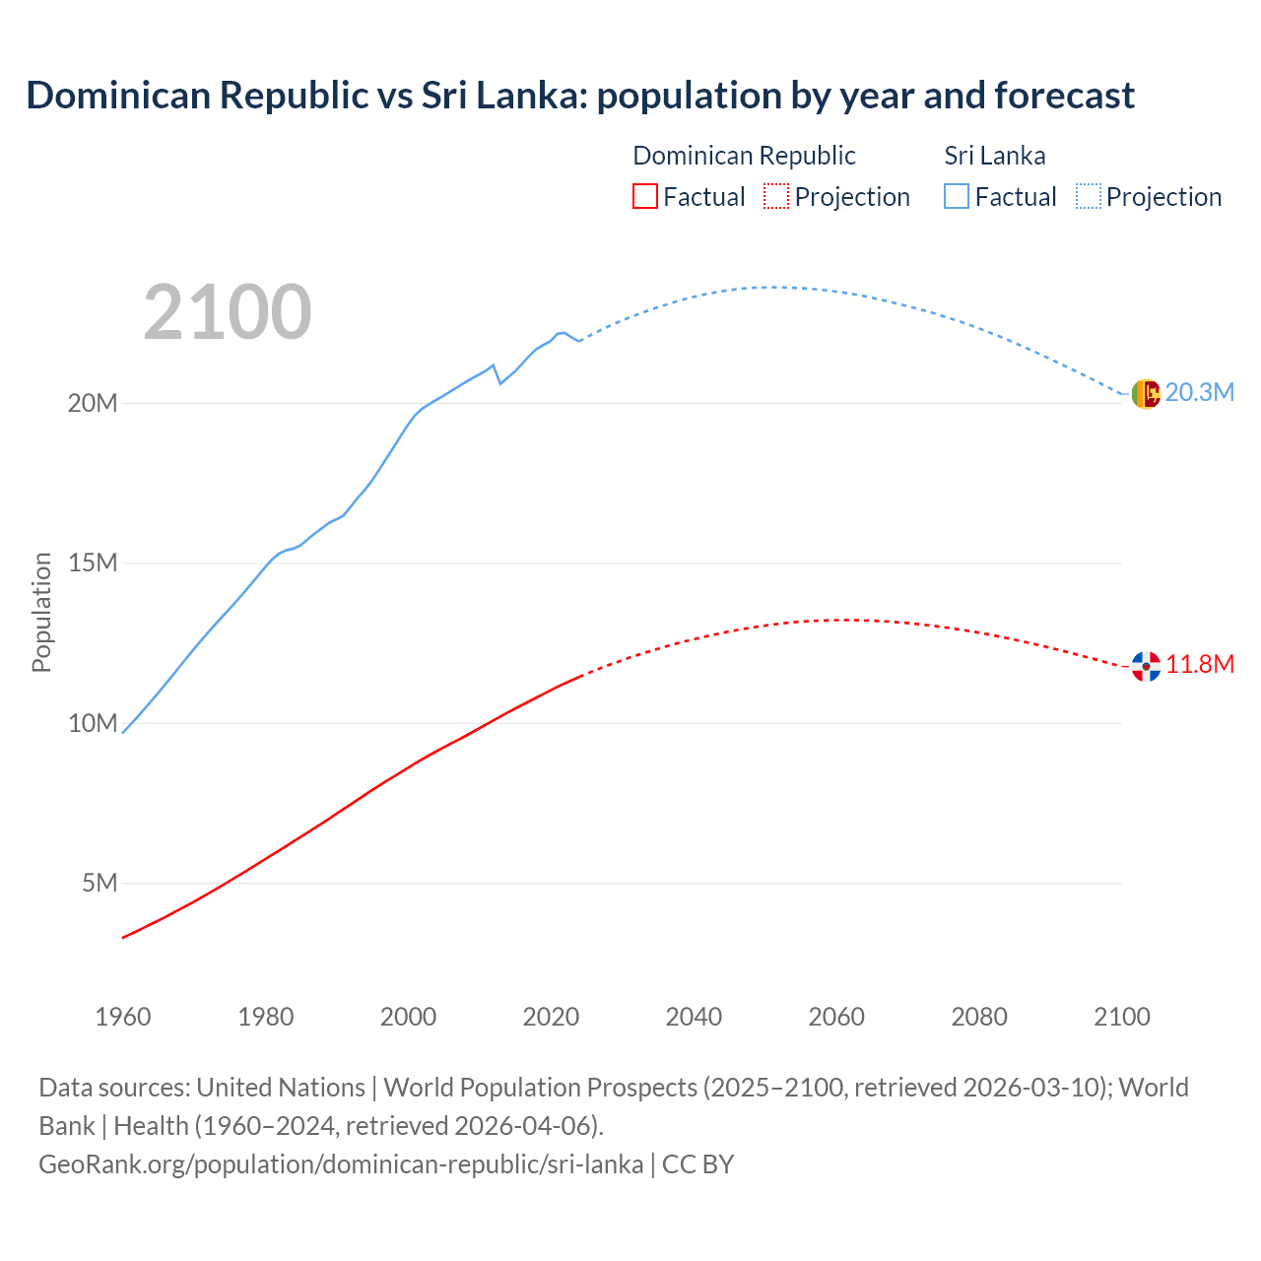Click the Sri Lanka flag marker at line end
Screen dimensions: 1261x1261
click(x=1146, y=394)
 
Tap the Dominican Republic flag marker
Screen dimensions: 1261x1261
click(x=1146, y=666)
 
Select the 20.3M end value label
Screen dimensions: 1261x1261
click(x=1199, y=392)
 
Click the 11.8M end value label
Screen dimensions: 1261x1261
click(x=1199, y=664)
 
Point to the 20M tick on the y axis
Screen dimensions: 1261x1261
click(x=93, y=404)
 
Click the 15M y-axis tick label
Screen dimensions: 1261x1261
click(x=93, y=564)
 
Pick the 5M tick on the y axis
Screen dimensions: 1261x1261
click(x=100, y=883)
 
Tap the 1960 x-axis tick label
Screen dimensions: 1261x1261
click(x=123, y=1017)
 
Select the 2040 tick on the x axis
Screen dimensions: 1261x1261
click(x=694, y=1017)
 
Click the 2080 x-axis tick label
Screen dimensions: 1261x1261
click(x=979, y=1017)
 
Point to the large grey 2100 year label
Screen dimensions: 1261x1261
click(x=228, y=312)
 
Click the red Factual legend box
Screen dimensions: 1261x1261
click(x=645, y=196)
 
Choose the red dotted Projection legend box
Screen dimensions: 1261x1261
click(x=776, y=196)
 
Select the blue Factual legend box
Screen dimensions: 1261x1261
click(x=957, y=196)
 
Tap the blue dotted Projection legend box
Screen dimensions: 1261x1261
click(x=1089, y=196)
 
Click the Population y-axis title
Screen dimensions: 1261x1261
click(x=41, y=612)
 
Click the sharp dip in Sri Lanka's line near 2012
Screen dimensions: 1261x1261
click(x=499, y=382)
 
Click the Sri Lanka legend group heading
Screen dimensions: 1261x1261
click(x=995, y=156)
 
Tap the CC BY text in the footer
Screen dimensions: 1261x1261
click(x=697, y=1164)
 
